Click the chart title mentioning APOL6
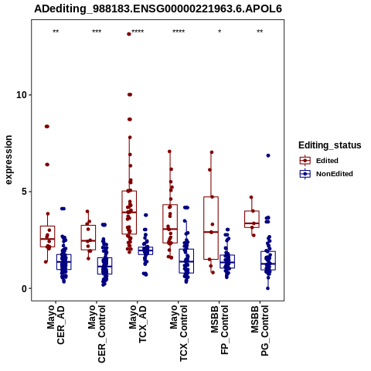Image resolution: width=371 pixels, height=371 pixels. tap(158, 9)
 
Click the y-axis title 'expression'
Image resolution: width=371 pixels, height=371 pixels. tap(9, 160)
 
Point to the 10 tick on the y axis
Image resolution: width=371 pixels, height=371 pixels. tap(22, 95)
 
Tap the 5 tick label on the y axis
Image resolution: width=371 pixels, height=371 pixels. tap(25, 192)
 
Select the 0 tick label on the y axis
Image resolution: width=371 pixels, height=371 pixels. tap(25, 288)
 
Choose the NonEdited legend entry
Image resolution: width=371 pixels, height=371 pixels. tap(326, 174)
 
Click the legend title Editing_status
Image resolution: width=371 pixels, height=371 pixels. tap(330, 145)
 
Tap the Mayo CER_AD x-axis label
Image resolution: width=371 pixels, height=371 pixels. tap(56, 325)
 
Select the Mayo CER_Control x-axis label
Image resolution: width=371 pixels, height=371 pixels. tap(97, 334)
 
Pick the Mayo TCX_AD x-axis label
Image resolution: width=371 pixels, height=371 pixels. tap(138, 324)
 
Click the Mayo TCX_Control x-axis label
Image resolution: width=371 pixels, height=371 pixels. tap(179, 333)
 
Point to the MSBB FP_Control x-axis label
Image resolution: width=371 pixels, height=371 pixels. tap(220, 330)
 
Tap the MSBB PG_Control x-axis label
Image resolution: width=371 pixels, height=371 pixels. tap(260, 331)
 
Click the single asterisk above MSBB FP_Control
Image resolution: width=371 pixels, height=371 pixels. tap(220, 32)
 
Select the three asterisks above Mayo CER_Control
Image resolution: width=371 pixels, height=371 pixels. tap(97, 32)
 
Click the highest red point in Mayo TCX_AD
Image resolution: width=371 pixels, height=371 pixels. tap(129, 34)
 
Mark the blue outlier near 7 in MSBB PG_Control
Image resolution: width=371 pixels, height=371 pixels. tap(268, 155)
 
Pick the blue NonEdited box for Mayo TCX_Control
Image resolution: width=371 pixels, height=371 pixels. tap(186, 261)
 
